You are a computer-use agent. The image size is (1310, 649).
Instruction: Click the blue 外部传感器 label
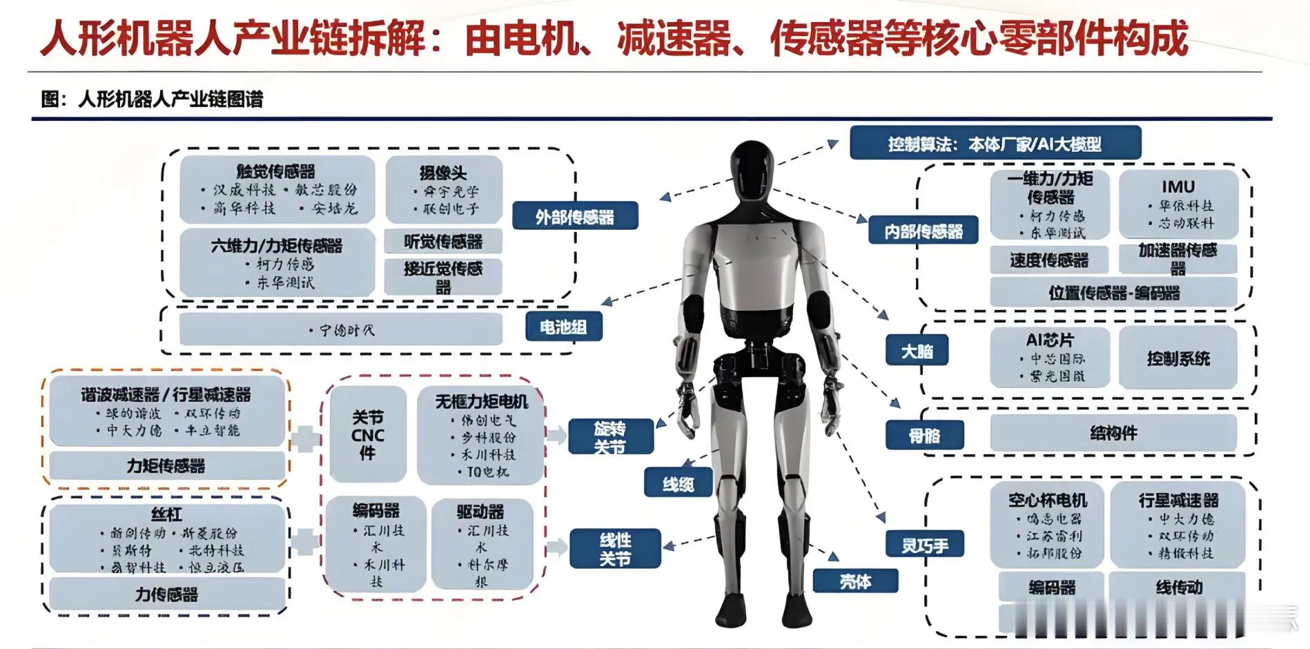coord(574,216)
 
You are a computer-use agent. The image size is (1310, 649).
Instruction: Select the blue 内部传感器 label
coord(923,231)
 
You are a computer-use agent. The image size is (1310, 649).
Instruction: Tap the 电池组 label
coord(563,327)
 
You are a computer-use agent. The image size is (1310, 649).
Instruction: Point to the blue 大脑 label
coord(917,351)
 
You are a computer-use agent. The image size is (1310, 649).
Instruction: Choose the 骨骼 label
coord(923,436)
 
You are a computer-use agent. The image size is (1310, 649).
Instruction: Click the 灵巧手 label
coord(924,545)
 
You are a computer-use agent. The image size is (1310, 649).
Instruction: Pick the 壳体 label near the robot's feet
coord(855,581)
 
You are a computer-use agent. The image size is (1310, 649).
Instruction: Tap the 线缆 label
coord(678,483)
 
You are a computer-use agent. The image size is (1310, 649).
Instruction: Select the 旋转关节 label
coord(609,438)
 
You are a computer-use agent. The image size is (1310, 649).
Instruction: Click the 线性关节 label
coord(615,549)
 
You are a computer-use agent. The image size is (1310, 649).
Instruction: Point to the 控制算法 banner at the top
coord(995,144)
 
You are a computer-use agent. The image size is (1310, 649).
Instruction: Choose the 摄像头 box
coord(443,188)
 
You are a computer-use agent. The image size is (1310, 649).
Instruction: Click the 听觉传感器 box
coord(443,242)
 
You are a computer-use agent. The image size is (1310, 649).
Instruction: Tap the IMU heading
coord(1177,187)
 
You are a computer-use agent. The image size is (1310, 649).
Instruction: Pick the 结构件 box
coord(1113,433)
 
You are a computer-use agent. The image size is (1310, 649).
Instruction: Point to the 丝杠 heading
coord(166,514)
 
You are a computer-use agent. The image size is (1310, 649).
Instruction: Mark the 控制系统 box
coord(1178,358)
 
